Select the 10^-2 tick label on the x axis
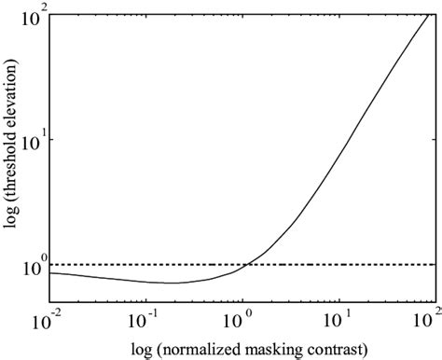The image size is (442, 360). point(53,317)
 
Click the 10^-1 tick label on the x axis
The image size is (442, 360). point(150,317)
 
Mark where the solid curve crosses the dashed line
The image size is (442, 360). point(244,265)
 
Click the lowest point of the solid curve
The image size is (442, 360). point(173,283)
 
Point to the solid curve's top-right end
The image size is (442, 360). point(432,14)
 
